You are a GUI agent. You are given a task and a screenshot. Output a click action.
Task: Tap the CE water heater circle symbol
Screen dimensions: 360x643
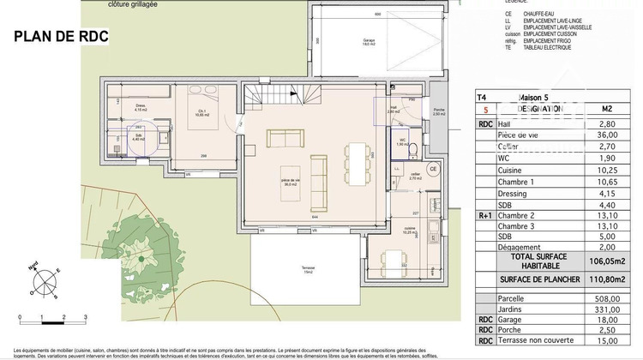point(433,169)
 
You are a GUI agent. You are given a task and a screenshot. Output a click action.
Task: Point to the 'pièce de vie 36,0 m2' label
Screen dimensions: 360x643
point(291,182)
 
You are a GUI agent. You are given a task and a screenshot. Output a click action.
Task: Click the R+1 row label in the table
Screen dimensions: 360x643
point(484,215)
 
